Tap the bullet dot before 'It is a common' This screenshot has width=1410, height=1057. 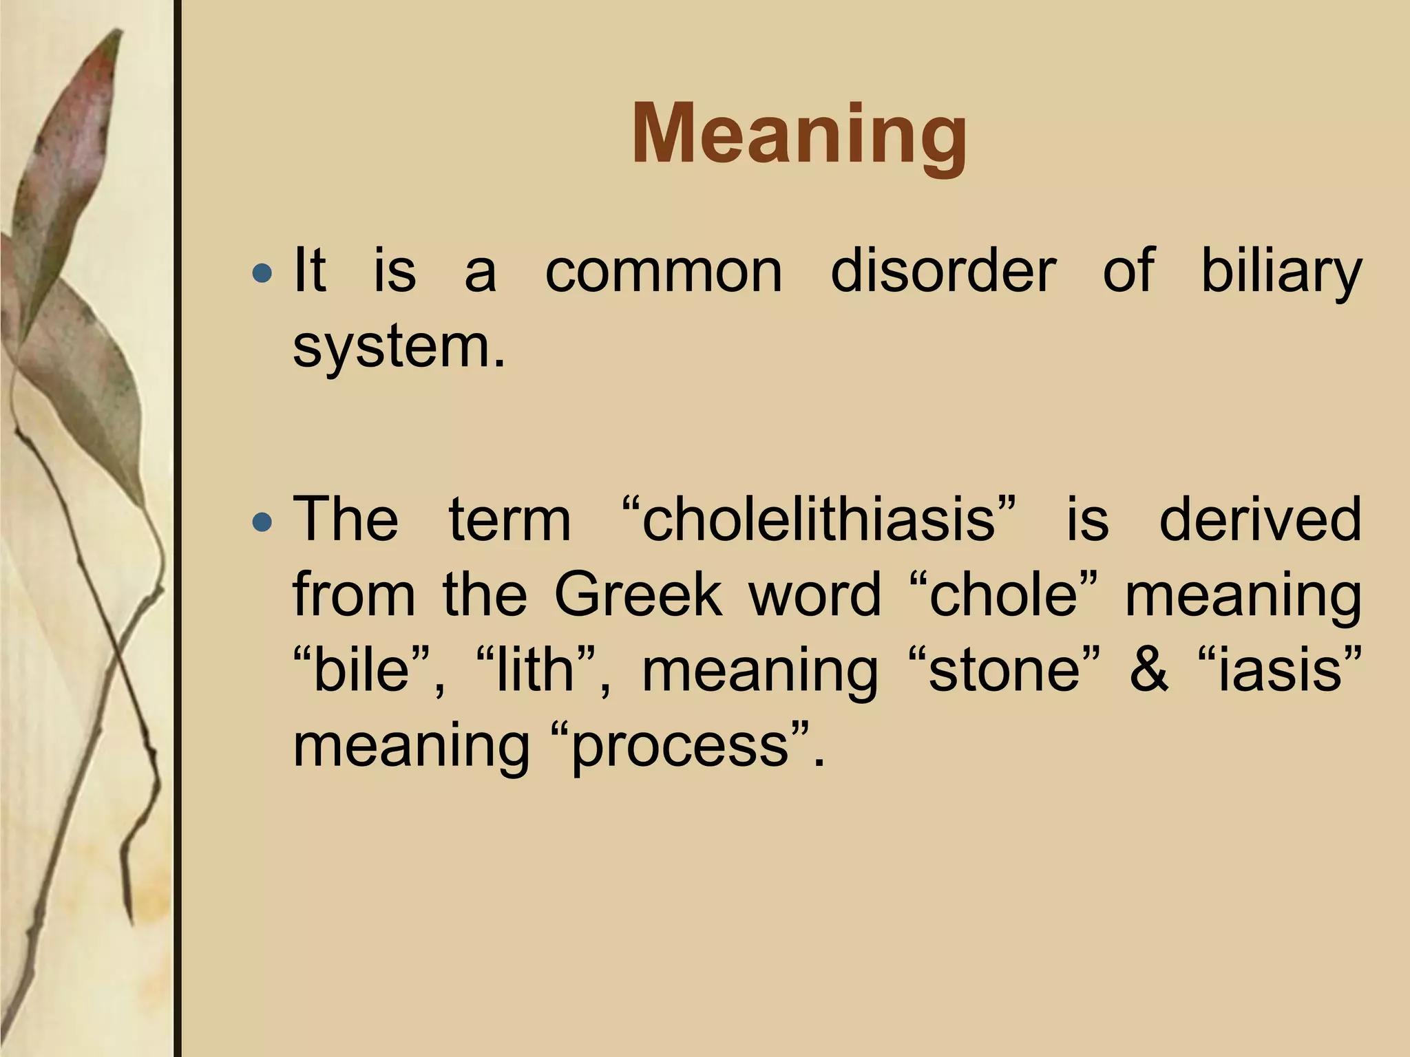(x=262, y=274)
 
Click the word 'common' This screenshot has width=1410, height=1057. (x=664, y=271)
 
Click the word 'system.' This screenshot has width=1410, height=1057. (x=399, y=348)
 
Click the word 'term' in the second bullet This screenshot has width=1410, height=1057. (x=509, y=520)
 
